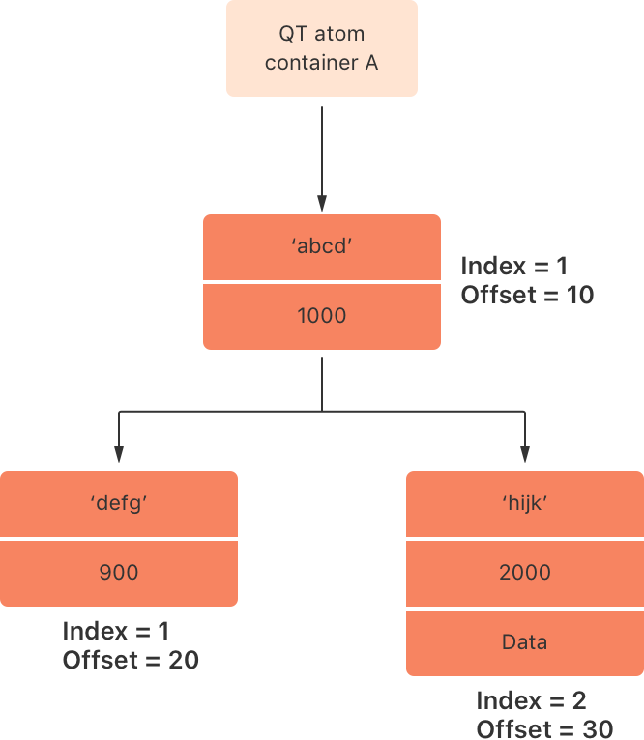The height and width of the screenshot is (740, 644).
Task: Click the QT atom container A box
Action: pos(322,48)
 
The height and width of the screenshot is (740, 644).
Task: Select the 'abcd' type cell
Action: pos(322,247)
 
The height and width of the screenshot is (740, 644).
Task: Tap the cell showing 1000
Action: pos(322,316)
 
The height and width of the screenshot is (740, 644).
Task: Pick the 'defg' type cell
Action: pos(118,503)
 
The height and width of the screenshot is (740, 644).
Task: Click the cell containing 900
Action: pos(118,573)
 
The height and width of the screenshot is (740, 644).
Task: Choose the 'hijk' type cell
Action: pos(525,503)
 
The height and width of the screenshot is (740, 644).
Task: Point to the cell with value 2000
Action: pos(525,573)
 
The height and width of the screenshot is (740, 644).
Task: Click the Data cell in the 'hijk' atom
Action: pos(525,642)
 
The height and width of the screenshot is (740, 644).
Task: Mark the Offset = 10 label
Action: pos(527,295)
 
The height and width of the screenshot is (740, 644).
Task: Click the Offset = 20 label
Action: pos(131,660)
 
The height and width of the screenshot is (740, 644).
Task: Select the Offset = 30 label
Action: pos(544,728)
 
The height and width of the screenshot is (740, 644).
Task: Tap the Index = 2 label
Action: pos(531,700)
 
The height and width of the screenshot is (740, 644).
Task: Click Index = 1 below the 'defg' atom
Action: pos(116,631)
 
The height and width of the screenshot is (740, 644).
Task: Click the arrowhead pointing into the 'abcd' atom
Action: pos(322,204)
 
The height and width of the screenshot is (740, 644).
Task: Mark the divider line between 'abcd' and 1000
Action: pos(322,282)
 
